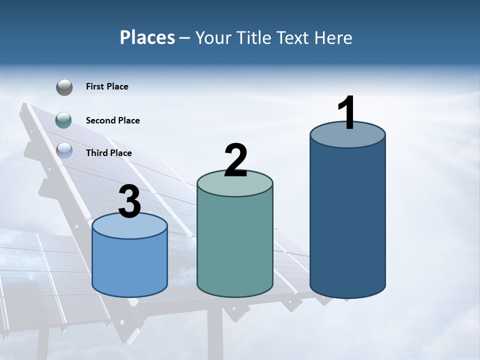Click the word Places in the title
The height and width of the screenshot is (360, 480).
coord(147,37)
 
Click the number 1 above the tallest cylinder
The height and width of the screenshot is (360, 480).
coord(346,113)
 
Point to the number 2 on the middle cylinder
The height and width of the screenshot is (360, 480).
coord(236,160)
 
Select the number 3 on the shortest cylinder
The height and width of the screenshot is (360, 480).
coord(129,202)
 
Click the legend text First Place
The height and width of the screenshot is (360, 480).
coord(107,86)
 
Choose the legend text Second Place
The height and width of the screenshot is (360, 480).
coord(112,120)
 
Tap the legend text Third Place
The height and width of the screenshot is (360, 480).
coord(108,153)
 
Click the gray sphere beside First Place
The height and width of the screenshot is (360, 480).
coord(64,87)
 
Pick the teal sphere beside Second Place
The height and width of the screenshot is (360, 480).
coord(64,120)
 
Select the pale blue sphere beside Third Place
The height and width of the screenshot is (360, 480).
coord(64,151)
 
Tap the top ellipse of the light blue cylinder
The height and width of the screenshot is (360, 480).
coord(130,226)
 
